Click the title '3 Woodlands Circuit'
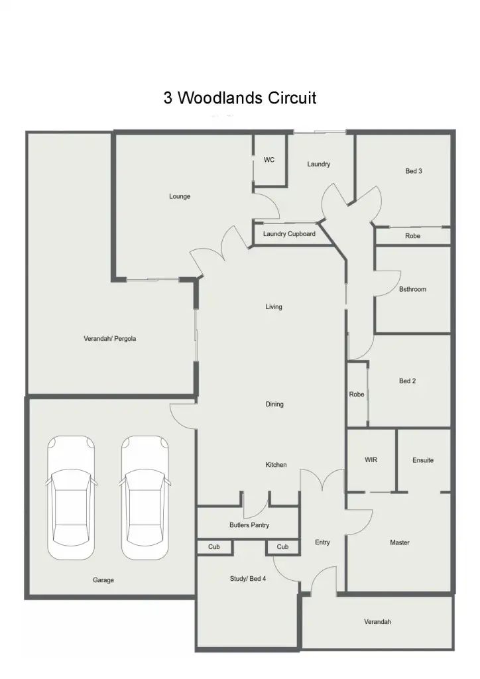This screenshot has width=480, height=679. pyautogui.click(x=240, y=98)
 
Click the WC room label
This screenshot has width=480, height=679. pyautogui.click(x=269, y=160)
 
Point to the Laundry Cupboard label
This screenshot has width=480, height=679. pyautogui.click(x=289, y=234)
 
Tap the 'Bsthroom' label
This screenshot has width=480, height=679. pyautogui.click(x=412, y=289)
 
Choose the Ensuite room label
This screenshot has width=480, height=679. pyautogui.click(x=423, y=460)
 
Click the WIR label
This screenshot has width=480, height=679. pyautogui.click(x=371, y=460)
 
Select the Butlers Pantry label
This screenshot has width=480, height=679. pyautogui.click(x=249, y=525)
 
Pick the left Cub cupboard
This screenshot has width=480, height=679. pyautogui.click(x=214, y=547)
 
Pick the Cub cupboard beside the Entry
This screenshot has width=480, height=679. pyautogui.click(x=282, y=547)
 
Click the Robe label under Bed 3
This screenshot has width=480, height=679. pyautogui.click(x=412, y=236)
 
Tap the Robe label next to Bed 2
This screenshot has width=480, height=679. pyautogui.click(x=357, y=395)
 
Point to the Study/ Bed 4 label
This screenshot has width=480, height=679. pyautogui.click(x=247, y=579)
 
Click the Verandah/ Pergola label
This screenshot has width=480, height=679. pyautogui.click(x=109, y=339)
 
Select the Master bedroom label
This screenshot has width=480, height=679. pyautogui.click(x=400, y=542)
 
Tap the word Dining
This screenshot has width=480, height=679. pyautogui.click(x=274, y=404)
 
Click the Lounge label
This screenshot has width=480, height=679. pyautogui.click(x=180, y=196)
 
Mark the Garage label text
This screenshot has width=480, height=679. pyautogui.click(x=103, y=580)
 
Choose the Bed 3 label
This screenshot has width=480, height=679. pyautogui.click(x=414, y=171)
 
